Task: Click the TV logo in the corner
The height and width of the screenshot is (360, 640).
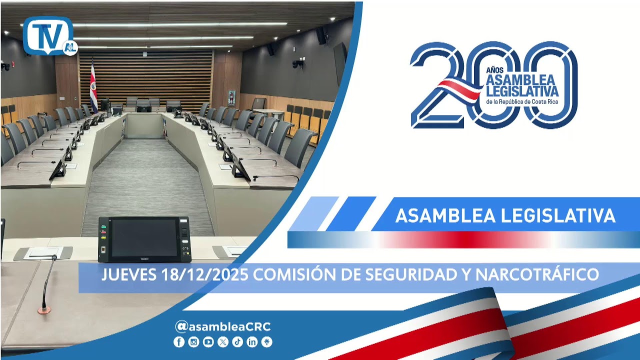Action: point(49,36)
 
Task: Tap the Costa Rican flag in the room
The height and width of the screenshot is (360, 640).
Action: point(93,86)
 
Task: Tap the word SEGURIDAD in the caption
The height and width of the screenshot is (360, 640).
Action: point(397,274)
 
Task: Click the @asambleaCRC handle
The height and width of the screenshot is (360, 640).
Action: point(223,327)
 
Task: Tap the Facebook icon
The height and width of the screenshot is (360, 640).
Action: point(179,342)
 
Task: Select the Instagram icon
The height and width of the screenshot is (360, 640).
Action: point(193,342)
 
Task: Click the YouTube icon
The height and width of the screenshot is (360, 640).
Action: point(208,342)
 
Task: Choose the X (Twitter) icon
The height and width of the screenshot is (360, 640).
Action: point(223,342)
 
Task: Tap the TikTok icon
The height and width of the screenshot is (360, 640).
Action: point(237,342)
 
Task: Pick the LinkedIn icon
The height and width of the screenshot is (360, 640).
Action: point(252,342)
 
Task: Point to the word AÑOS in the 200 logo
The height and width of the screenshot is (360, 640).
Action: point(494,70)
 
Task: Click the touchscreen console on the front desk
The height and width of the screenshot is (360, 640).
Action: point(144,239)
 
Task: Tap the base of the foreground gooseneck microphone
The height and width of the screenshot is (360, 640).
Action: point(44,310)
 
